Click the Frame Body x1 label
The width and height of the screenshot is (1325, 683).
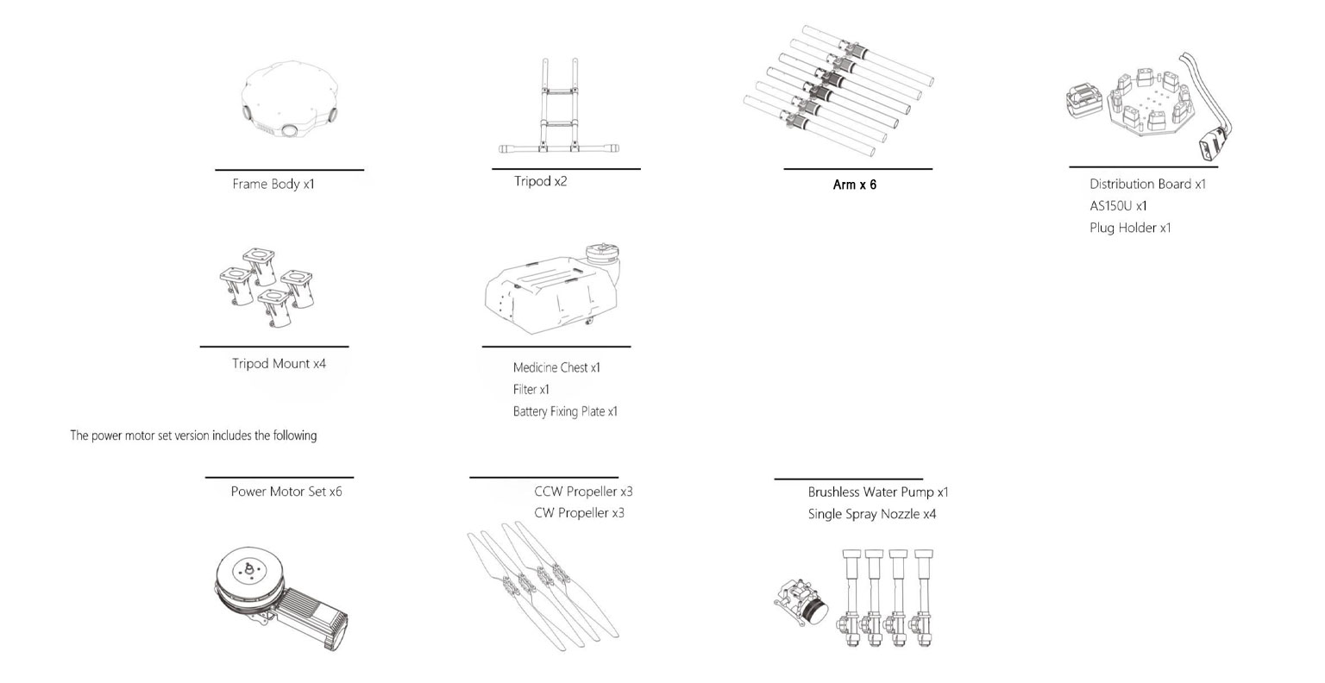click(273, 184)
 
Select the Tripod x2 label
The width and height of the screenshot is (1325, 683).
click(541, 181)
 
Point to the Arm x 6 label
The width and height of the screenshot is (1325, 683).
click(854, 185)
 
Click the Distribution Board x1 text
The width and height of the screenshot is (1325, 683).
click(1147, 184)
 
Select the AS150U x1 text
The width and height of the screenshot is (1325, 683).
click(1118, 206)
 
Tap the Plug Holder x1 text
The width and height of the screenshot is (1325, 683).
click(1130, 228)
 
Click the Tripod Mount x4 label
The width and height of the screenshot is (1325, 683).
click(279, 363)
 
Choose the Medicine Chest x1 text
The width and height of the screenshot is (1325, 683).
click(556, 367)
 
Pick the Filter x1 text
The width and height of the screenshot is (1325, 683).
click(531, 390)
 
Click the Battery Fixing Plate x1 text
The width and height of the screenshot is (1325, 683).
click(565, 411)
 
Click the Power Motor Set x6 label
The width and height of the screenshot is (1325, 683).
click(286, 492)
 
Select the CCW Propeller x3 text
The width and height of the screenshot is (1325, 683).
click(583, 492)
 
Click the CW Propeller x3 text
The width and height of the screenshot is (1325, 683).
click(579, 513)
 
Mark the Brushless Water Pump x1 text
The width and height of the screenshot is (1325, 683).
click(878, 492)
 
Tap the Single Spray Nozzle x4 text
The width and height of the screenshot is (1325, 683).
click(872, 514)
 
